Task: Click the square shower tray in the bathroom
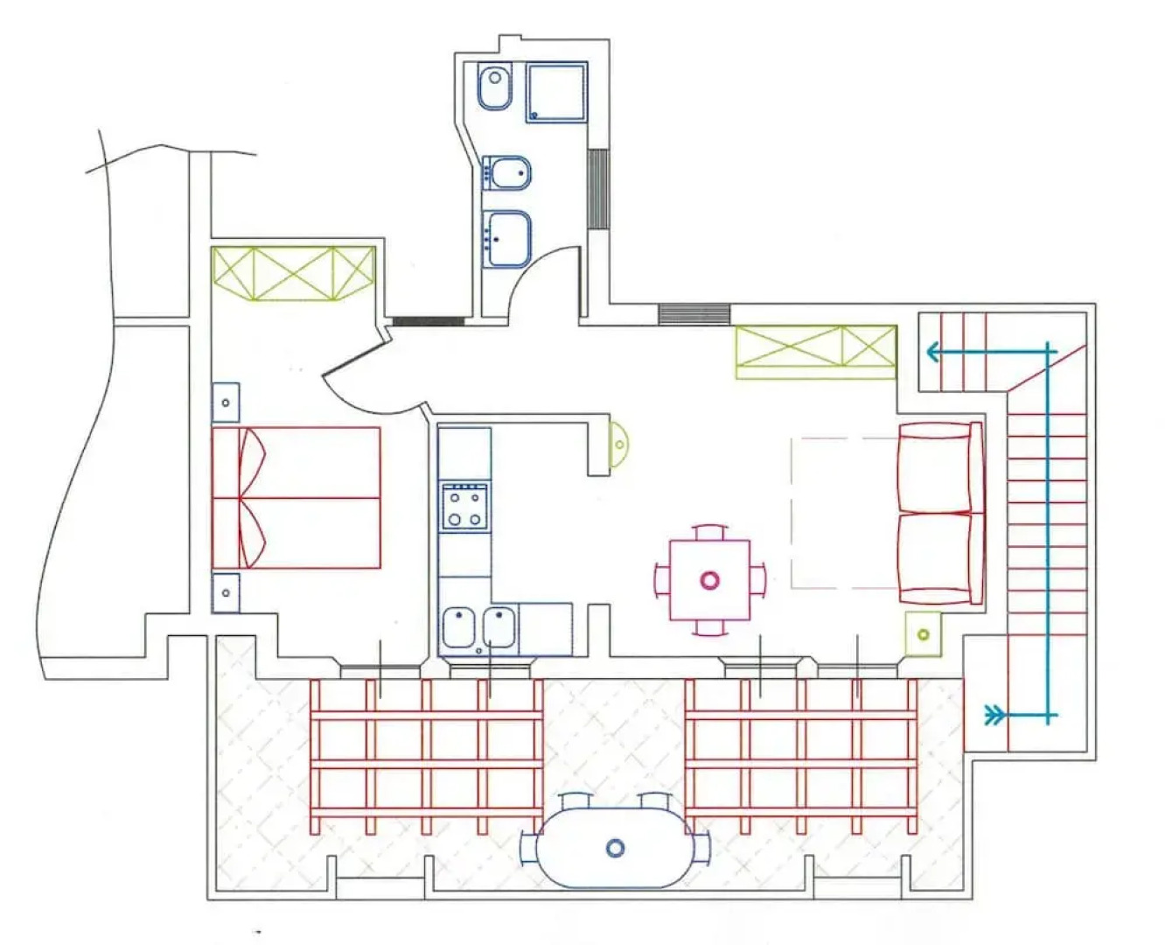(556, 92)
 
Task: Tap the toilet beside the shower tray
(494, 87)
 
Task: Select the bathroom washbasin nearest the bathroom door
(508, 238)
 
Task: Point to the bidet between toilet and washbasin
(508, 173)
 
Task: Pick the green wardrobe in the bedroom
(293, 274)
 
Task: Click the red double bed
(296, 498)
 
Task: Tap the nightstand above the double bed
(226, 402)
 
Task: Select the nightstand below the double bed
(226, 592)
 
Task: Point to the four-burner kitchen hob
(465, 506)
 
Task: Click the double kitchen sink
(478, 627)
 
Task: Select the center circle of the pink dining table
(709, 579)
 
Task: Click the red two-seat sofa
(939, 514)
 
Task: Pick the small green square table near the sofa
(923, 633)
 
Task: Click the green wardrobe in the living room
(815, 352)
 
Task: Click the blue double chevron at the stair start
(994, 716)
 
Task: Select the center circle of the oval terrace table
(616, 847)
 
